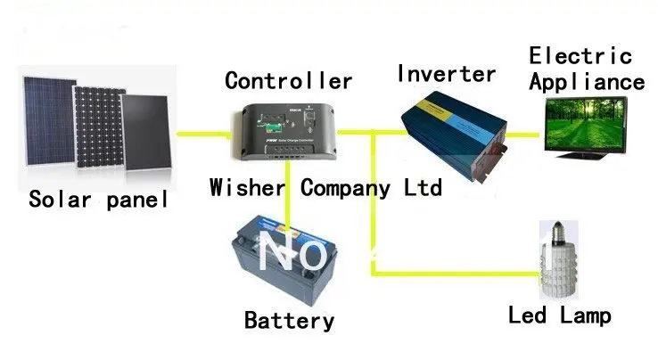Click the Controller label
288,81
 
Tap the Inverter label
446,73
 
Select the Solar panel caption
98,198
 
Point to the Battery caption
290,320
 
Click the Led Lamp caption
560,315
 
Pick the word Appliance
587,82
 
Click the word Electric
580,55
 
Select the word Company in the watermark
345,188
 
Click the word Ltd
420,188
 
